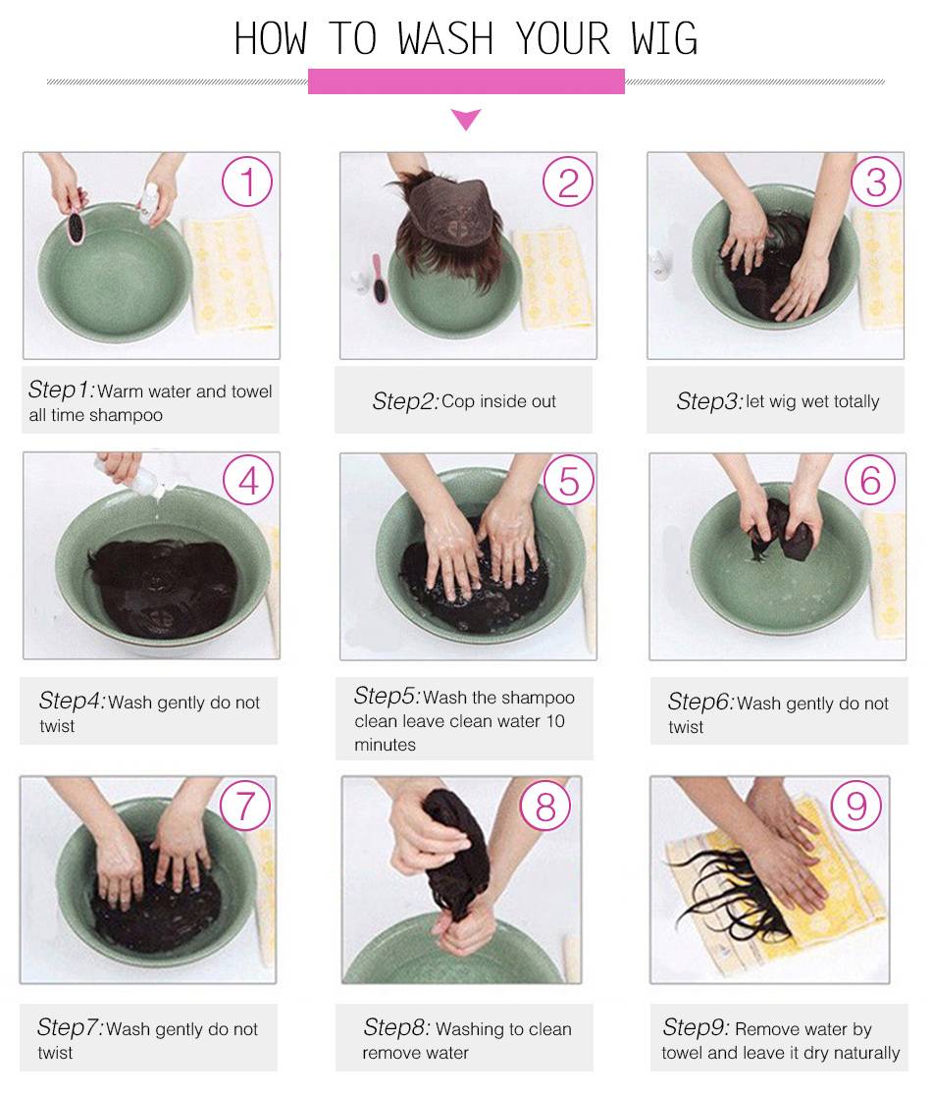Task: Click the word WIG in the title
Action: [x=664, y=38]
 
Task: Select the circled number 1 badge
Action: [x=247, y=182]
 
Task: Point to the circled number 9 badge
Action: [x=855, y=806]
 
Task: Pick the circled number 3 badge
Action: [x=876, y=182]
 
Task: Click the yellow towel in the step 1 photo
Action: [x=229, y=274]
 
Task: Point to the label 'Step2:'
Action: [x=405, y=401]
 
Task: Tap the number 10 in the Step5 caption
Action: [x=555, y=721]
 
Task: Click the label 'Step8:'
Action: [x=397, y=1027]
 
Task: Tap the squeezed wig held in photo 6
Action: [x=781, y=530]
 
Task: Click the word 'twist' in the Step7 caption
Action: [x=55, y=1053]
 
